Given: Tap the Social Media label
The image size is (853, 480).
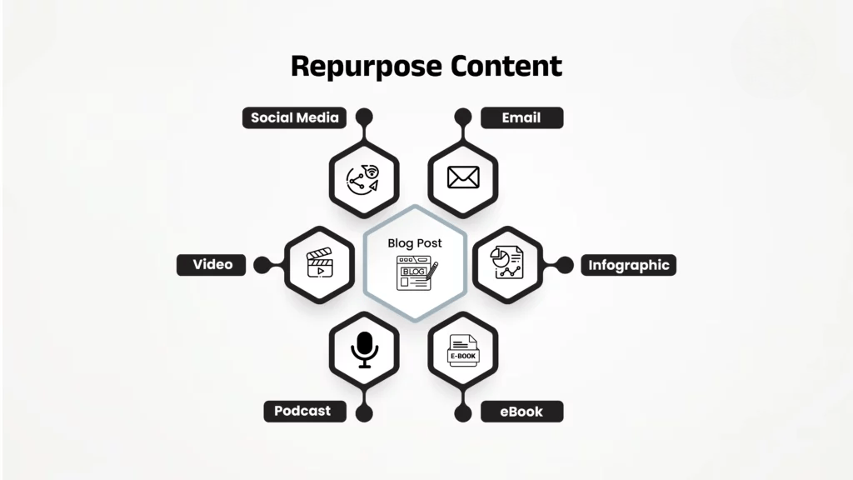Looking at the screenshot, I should (x=295, y=117).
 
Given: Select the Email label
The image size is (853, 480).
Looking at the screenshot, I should (x=521, y=117).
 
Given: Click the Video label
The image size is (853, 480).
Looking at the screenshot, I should (x=212, y=265).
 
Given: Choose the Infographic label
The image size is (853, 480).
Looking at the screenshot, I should (x=629, y=266).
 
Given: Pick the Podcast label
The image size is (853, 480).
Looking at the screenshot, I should (x=302, y=411).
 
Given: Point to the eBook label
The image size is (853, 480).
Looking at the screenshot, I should (x=521, y=411).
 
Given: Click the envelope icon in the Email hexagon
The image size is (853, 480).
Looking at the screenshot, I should (x=463, y=177).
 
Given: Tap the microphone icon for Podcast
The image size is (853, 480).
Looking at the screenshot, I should (x=364, y=350).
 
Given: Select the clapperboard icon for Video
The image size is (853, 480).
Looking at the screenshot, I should (x=320, y=264).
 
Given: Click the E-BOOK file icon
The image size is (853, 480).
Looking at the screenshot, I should (x=463, y=351).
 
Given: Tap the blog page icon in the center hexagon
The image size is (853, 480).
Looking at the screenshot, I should (x=417, y=272).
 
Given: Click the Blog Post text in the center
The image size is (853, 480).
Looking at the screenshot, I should (x=415, y=243).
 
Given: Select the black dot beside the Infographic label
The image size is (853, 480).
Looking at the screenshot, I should (x=566, y=265).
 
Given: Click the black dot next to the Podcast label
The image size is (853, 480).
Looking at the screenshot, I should (x=364, y=412).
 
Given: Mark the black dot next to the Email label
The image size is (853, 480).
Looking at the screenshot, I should (x=463, y=117).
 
